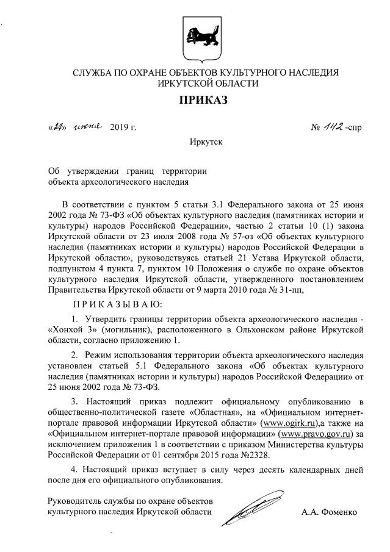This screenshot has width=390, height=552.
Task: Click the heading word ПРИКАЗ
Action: (203, 100)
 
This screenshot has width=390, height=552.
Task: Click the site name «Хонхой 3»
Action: (68, 330)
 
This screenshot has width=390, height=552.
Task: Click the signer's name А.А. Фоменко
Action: (329, 512)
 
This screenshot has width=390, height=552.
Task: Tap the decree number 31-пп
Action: (289, 290)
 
